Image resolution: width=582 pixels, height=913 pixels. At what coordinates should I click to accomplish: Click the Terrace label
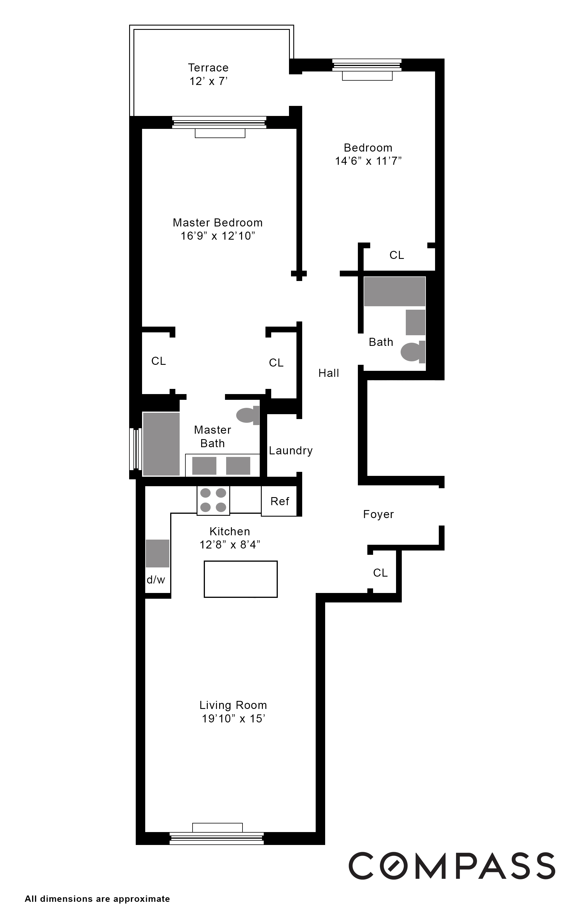tap(208, 68)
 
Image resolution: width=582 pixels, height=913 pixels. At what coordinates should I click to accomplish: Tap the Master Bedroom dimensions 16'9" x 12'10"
tap(218, 236)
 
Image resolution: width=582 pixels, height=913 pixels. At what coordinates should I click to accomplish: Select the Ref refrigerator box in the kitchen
tap(280, 501)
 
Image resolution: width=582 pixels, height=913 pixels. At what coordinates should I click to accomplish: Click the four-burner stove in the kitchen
tap(213, 500)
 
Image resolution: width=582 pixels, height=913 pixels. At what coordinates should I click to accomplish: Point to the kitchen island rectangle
tap(240, 579)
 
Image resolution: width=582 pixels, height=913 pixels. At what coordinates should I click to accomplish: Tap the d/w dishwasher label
tap(156, 580)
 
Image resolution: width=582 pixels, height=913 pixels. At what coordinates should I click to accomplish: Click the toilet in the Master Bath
tap(247, 415)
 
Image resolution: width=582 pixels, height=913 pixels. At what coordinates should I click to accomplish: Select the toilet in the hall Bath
tap(412, 352)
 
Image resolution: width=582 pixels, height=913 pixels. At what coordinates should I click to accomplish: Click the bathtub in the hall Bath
tap(394, 291)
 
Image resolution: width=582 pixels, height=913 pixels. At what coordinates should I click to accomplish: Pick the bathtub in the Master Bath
tap(161, 444)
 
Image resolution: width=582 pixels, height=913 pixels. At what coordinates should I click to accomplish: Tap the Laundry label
tap(291, 450)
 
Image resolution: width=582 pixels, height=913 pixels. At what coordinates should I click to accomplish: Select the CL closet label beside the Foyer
tap(380, 573)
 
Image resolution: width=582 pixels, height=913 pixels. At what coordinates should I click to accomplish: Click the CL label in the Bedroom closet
tap(397, 255)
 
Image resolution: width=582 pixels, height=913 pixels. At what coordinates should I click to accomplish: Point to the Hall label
tap(329, 373)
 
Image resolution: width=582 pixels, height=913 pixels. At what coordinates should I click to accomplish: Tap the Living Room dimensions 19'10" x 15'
tap(233, 718)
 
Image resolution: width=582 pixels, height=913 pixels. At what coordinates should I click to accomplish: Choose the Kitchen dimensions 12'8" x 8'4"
tap(230, 545)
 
